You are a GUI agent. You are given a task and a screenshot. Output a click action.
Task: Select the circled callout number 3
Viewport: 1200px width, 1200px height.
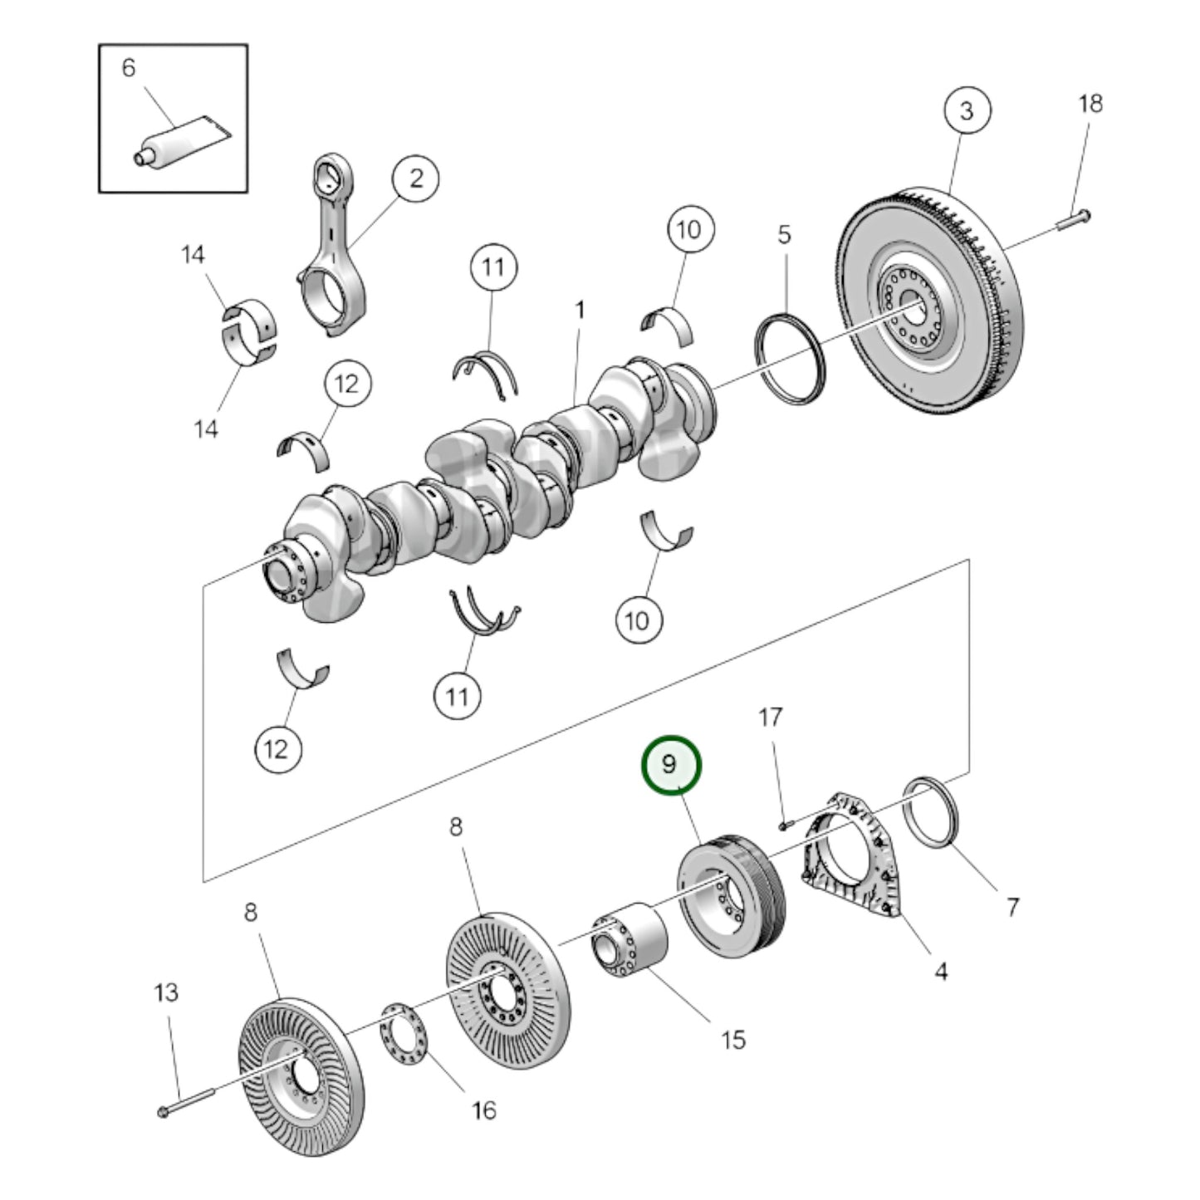[967, 110]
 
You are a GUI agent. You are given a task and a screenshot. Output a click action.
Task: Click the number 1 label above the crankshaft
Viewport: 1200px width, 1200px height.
[580, 311]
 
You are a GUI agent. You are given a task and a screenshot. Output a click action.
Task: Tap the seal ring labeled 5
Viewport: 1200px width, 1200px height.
[791, 358]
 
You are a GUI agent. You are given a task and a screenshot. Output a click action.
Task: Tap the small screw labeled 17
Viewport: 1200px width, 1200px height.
[785, 825]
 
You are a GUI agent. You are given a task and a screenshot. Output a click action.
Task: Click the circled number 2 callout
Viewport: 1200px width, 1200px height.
[415, 178]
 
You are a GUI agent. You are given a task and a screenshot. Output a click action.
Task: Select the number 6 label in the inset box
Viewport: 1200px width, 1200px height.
[128, 67]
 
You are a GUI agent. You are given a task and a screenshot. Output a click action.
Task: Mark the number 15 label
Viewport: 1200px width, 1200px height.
[732, 1039]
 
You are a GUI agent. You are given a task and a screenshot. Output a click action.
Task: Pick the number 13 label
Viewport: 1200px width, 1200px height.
[166, 992]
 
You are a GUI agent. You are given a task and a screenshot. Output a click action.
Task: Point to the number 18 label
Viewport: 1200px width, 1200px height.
[1090, 104]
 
